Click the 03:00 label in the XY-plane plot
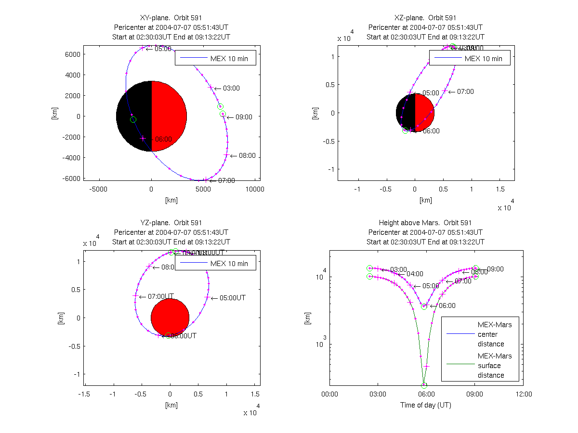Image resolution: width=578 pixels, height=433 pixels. click(x=231, y=88)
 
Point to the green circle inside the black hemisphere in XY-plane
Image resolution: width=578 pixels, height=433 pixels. click(x=133, y=119)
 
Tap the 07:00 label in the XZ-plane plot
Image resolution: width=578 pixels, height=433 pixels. click(x=465, y=91)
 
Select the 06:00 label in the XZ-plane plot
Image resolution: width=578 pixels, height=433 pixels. click(x=431, y=131)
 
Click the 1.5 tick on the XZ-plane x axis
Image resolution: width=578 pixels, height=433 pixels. click(x=500, y=189)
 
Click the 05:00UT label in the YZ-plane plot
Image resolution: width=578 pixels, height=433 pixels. click(x=232, y=298)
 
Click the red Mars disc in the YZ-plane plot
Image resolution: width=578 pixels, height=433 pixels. click(x=170, y=318)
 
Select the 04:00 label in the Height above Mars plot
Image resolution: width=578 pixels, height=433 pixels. click(x=415, y=274)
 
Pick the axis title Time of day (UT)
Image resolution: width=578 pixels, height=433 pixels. click(x=426, y=405)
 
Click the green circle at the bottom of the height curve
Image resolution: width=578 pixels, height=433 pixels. click(x=424, y=385)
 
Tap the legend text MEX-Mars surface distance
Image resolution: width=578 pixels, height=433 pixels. click(x=495, y=366)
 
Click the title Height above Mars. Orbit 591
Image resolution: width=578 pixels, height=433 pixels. click(x=425, y=223)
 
